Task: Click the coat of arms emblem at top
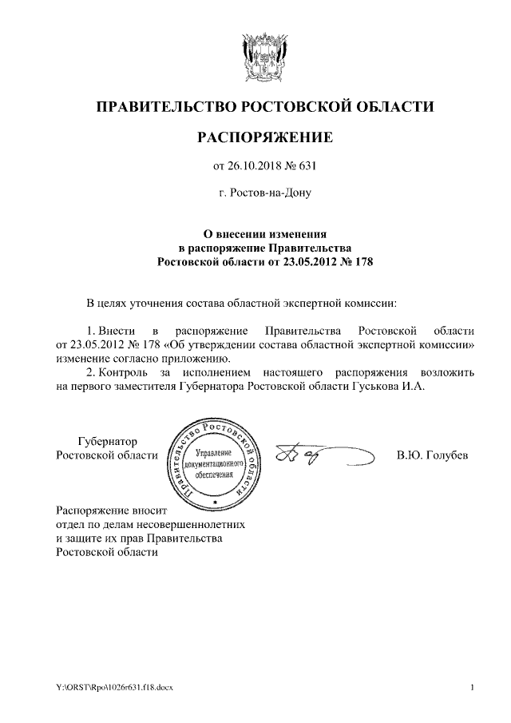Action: [x=264, y=57]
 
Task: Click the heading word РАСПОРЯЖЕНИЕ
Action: [x=264, y=138]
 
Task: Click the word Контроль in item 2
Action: [x=127, y=372]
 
